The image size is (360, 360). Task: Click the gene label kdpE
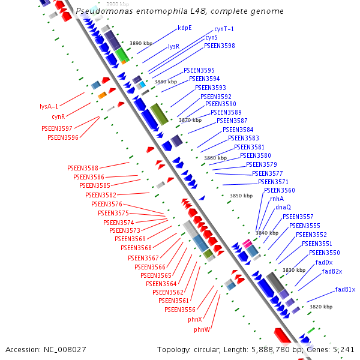pyautogui.click(x=184, y=28)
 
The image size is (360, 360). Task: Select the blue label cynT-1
pyautogui.click(x=224, y=29)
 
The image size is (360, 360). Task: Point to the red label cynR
pyautogui.click(x=58, y=116)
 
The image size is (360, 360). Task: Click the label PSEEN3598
pyautogui.click(x=219, y=46)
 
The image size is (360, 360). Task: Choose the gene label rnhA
pyautogui.click(x=277, y=199)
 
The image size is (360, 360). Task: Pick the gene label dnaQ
pyautogui.click(x=283, y=207)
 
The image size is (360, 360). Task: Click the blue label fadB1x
pyautogui.click(x=345, y=290)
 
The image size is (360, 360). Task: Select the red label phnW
pyautogui.click(x=202, y=330)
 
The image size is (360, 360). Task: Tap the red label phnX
pyautogui.click(x=195, y=320)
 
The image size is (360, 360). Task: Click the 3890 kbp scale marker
pyautogui.click(x=141, y=43)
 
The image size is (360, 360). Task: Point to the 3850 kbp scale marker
pyautogui.click(x=241, y=196)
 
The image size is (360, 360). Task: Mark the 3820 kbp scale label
pyautogui.click(x=320, y=307)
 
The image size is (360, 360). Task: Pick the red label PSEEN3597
pyautogui.click(x=56, y=128)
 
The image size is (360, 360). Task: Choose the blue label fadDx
pyautogui.click(x=324, y=262)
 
